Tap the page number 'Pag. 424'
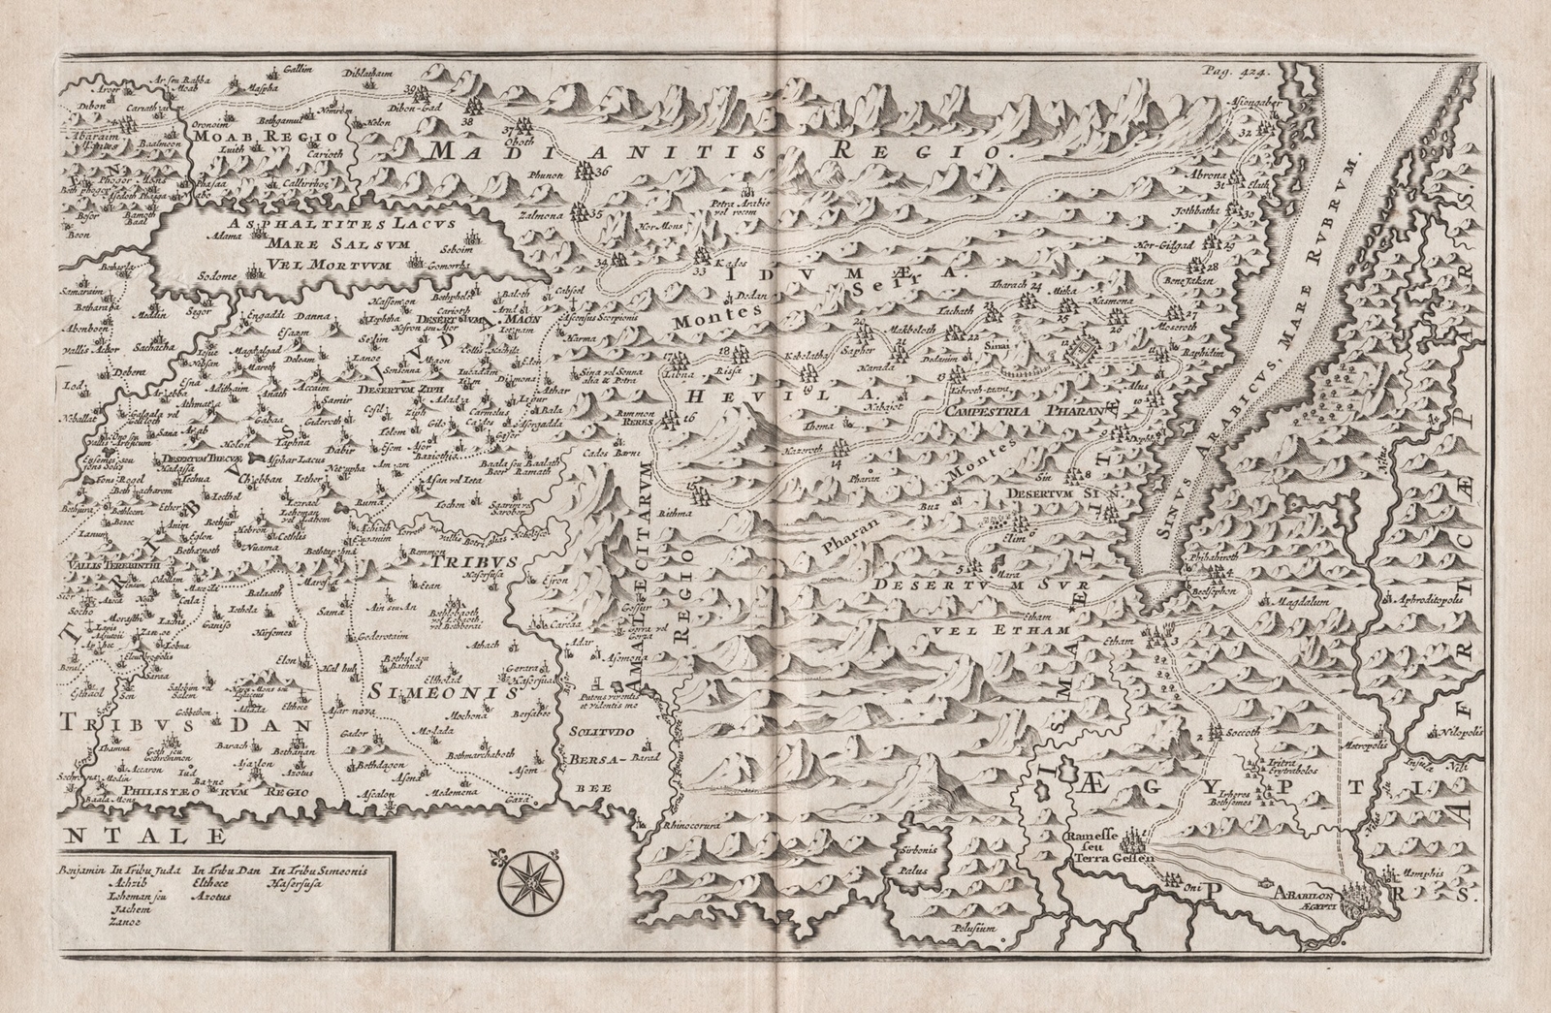click(1233, 71)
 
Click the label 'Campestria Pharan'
click(1025, 411)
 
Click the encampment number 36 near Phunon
click(605, 172)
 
